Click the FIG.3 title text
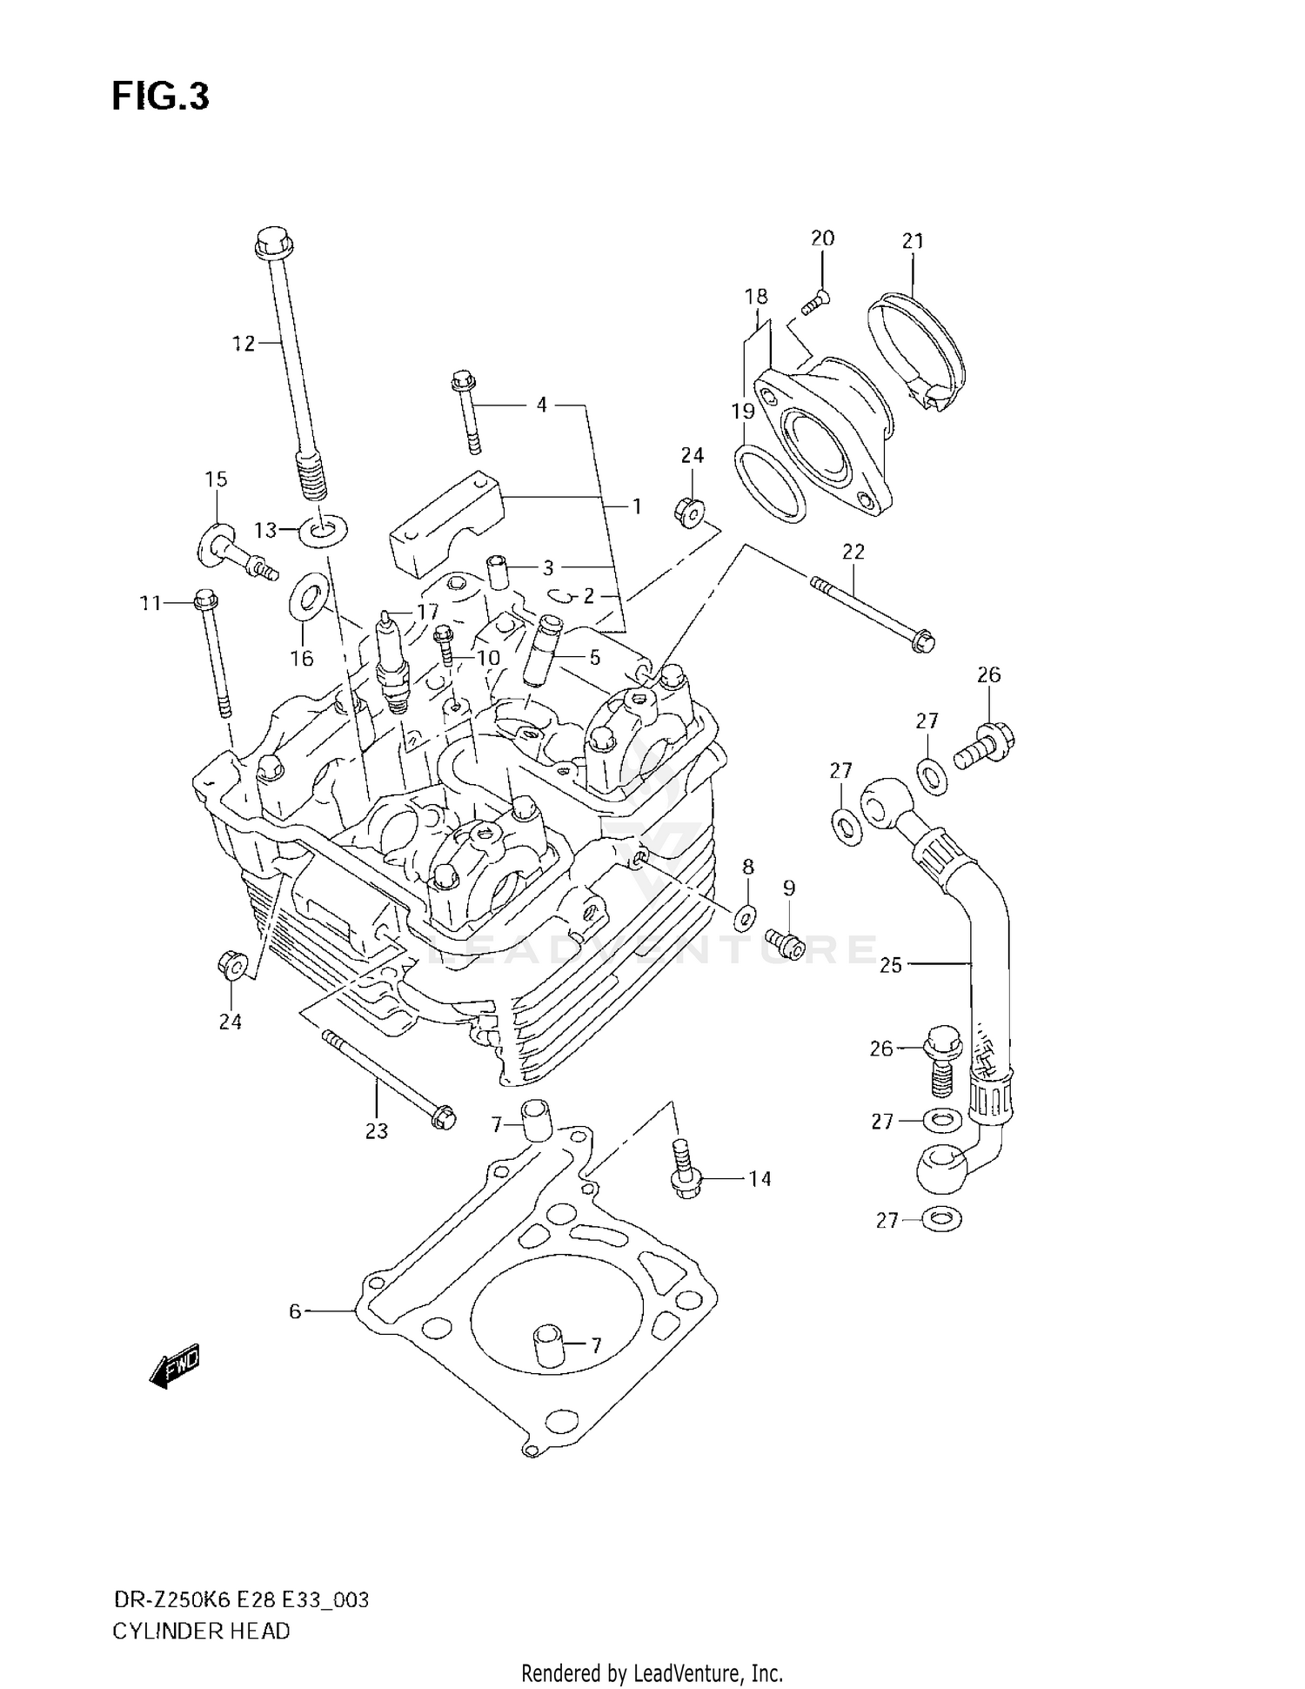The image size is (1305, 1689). pos(160,97)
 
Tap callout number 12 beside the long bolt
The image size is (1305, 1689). pos(244,344)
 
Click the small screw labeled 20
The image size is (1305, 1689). pos(814,299)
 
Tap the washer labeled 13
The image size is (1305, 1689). pos(323,528)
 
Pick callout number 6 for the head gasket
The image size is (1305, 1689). pos(295,1310)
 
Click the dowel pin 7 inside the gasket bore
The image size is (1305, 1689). pos(550,1344)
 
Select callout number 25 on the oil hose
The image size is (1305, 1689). pos(891,964)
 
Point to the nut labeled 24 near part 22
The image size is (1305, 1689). pos(690,512)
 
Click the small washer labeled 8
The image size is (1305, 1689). pos(746,915)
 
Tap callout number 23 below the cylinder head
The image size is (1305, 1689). pos(376,1131)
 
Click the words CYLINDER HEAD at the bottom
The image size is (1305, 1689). pos(201,1631)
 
